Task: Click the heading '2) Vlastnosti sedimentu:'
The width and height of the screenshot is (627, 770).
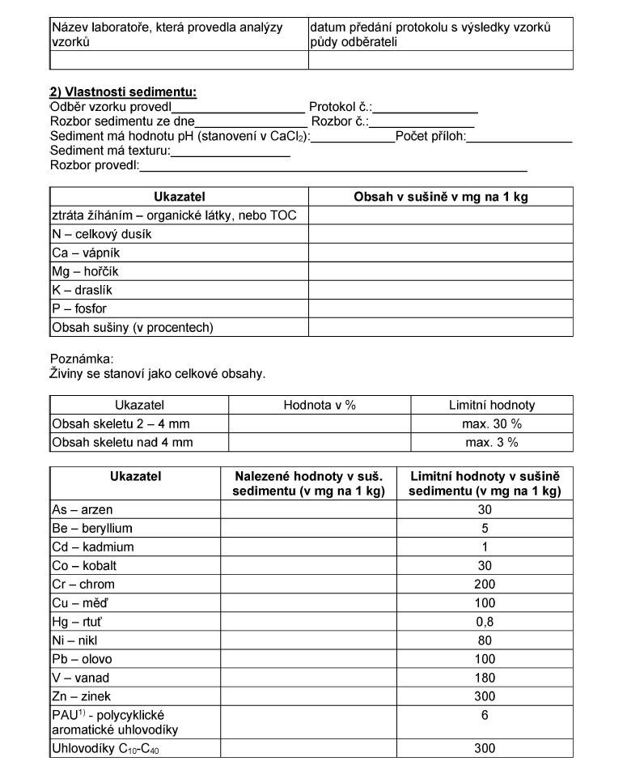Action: pyautogui.click(x=123, y=92)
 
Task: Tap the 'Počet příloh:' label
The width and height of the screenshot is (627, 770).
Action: pyautogui.click(x=430, y=136)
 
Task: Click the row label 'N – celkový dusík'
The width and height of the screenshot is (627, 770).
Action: pyautogui.click(x=102, y=234)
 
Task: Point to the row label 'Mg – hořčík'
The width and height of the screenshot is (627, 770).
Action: pyautogui.click(x=85, y=271)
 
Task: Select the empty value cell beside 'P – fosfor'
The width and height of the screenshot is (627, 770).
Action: pyautogui.click(x=440, y=308)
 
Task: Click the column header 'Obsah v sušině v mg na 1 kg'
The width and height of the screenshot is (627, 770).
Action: pyautogui.click(x=441, y=197)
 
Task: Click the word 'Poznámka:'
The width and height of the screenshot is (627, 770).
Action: pyautogui.click(x=83, y=358)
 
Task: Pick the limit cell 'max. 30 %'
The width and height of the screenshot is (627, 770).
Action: pyautogui.click(x=492, y=423)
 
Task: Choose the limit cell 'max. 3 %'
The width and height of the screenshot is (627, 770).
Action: pyautogui.click(x=492, y=442)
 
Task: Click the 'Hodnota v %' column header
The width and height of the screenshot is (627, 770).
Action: pyautogui.click(x=320, y=405)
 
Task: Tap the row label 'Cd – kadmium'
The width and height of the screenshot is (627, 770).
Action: pyautogui.click(x=93, y=547)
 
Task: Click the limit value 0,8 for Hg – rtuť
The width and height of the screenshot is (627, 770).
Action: pyautogui.click(x=485, y=621)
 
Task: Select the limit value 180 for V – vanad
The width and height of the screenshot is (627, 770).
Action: pyautogui.click(x=485, y=677)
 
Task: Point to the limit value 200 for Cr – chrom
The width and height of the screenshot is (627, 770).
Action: pyautogui.click(x=485, y=584)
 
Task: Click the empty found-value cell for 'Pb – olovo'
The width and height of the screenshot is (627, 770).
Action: pyautogui.click(x=308, y=658)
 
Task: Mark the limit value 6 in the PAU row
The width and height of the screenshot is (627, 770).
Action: pyautogui.click(x=485, y=715)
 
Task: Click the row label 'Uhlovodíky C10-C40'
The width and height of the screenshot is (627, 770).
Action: pyautogui.click(x=106, y=749)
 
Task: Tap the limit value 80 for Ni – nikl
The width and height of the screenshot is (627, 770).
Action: pyautogui.click(x=485, y=640)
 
